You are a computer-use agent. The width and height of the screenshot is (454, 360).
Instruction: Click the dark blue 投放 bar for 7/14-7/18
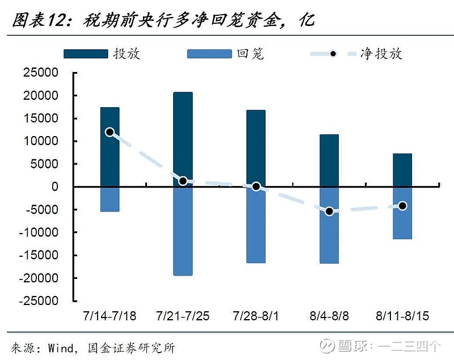click(x=110, y=147)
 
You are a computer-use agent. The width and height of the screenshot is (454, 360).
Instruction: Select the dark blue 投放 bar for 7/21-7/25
click(x=183, y=139)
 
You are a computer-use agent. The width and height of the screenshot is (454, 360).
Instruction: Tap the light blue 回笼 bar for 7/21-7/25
click(x=183, y=231)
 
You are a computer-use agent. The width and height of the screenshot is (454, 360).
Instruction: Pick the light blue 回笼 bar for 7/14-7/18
click(x=110, y=199)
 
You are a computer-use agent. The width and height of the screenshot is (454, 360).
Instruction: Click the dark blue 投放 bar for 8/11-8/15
click(x=402, y=170)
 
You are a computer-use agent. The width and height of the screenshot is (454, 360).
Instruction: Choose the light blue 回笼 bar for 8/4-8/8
click(x=329, y=225)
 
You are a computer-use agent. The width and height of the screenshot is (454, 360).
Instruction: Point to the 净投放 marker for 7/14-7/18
click(x=110, y=132)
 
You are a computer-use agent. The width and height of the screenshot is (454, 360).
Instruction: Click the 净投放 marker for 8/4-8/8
click(x=329, y=211)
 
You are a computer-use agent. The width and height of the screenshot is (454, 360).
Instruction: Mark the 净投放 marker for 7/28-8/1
click(x=256, y=187)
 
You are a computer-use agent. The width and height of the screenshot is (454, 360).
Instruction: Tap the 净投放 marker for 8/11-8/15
click(x=402, y=206)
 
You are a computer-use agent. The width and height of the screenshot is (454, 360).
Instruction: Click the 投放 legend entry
click(x=102, y=54)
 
